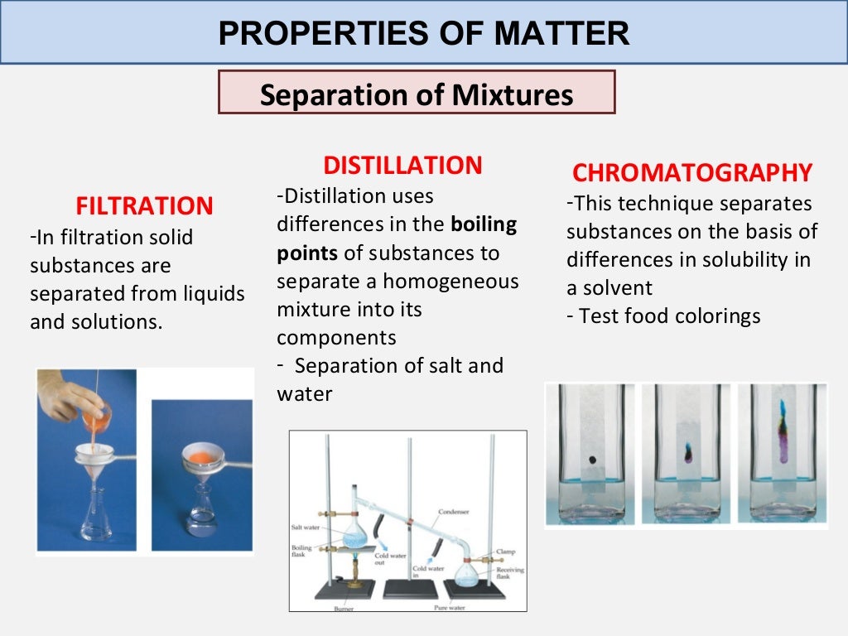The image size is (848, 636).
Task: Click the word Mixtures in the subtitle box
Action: [513, 95]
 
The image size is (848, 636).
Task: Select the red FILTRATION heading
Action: [144, 205]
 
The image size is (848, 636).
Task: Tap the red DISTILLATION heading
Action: [402, 166]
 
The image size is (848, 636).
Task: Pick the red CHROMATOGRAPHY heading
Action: [692, 173]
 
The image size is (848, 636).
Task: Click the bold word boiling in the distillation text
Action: [484, 224]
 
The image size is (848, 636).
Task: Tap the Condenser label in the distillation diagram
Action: [454, 512]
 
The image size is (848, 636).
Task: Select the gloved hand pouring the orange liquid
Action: [70, 395]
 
